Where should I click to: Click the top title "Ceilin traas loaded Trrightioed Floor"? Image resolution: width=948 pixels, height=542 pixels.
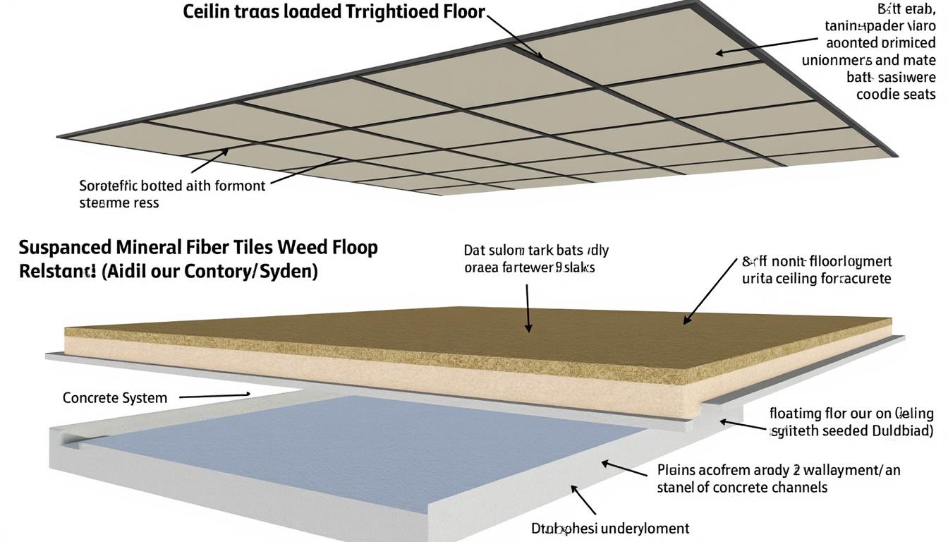point(334,12)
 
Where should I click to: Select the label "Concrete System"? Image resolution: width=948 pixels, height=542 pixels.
point(115,397)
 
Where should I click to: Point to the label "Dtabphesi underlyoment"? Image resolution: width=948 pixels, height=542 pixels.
point(609,528)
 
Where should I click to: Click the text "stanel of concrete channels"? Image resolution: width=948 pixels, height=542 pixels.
point(742,487)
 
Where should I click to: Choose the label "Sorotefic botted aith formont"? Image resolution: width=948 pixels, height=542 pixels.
point(172,186)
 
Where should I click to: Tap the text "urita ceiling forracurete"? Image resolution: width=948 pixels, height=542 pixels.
point(816,279)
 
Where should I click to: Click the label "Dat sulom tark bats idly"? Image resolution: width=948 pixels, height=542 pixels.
point(536,251)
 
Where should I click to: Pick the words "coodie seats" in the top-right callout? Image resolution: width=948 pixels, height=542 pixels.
point(896,94)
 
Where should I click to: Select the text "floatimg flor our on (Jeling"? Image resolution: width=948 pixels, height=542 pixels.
point(851,414)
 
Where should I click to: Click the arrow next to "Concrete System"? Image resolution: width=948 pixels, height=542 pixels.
point(215,396)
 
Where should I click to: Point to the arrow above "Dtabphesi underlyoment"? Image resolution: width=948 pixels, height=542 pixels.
point(583,500)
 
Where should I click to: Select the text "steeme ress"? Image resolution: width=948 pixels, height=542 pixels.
point(119,203)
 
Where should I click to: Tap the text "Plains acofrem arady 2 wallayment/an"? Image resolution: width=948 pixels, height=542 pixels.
point(778,469)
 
